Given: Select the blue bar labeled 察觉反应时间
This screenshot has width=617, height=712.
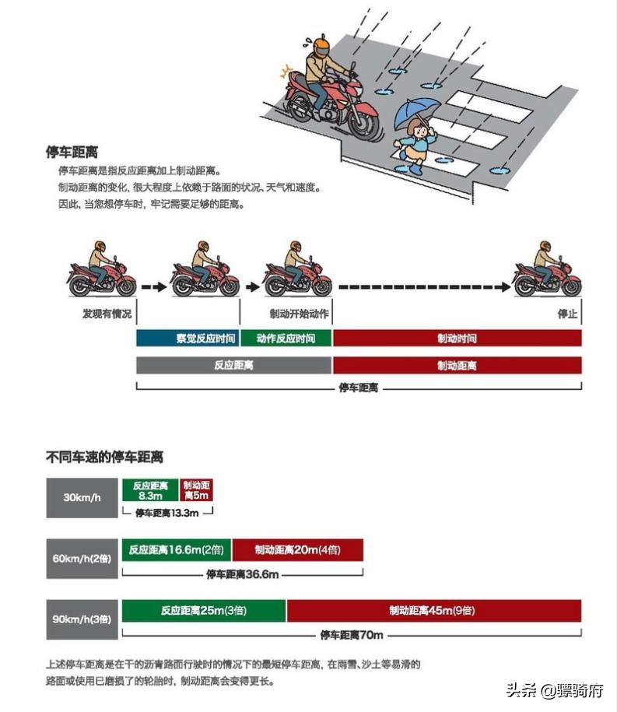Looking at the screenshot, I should (188, 338).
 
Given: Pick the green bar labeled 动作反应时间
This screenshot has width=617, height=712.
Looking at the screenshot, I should (286, 338).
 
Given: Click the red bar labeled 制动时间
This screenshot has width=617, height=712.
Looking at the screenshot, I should (457, 338).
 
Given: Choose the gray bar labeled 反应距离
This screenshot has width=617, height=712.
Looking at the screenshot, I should (234, 365).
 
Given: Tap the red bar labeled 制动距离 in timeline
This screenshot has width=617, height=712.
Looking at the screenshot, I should (457, 365).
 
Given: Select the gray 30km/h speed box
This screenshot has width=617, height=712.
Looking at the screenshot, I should (82, 495).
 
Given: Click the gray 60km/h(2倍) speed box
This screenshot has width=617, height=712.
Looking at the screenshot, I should (82, 557).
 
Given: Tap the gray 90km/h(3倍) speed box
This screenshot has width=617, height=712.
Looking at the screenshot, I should (82, 619).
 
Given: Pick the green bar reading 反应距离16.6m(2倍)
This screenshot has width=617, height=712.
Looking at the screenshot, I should (177, 550).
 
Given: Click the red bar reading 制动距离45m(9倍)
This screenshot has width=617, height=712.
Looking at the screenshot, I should (433, 611).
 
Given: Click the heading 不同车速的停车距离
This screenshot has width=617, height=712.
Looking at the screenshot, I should (105, 457).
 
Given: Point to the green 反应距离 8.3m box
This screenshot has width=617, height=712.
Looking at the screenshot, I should (150, 489).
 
